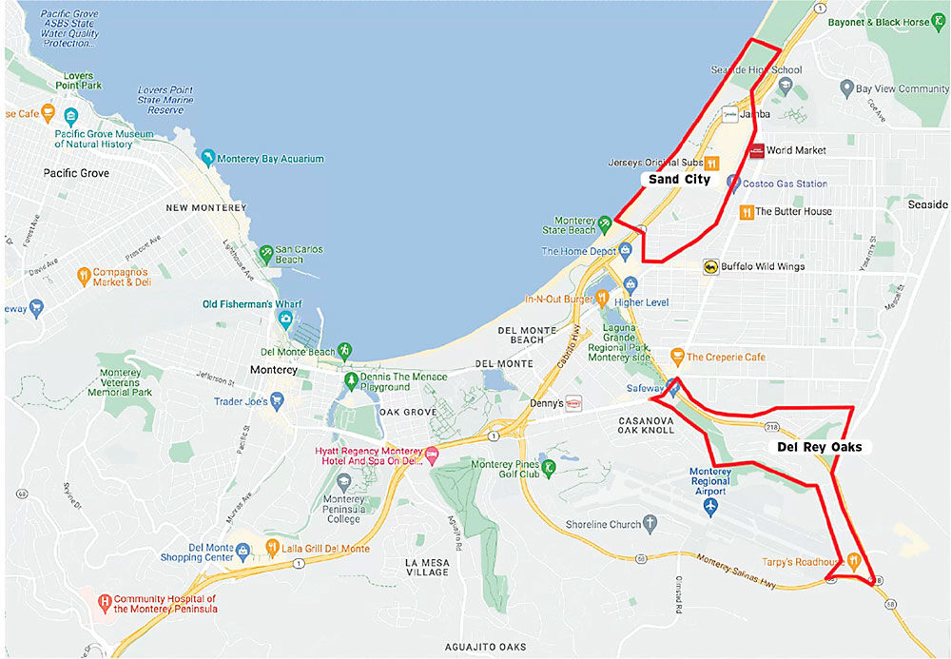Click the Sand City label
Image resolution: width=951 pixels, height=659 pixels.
point(679,179)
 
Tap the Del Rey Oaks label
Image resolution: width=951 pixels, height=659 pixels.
point(819,446)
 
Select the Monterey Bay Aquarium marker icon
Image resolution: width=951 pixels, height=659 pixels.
point(207,158)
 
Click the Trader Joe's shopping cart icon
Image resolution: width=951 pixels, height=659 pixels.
point(276,400)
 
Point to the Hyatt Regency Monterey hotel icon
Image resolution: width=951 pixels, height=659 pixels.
point(432,455)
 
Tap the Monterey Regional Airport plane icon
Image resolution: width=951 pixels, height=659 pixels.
point(710,505)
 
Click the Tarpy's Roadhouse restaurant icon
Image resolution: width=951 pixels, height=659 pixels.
point(854,561)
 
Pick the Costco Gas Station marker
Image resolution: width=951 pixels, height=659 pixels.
point(732,182)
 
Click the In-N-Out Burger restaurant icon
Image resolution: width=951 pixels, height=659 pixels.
point(603,299)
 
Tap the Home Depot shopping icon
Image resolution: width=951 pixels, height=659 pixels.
point(625,251)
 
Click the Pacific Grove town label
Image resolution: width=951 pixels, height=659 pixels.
point(76,173)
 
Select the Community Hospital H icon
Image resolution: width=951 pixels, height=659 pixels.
point(105,602)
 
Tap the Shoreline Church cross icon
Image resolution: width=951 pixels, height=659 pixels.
point(650,524)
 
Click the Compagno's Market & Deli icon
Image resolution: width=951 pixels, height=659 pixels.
point(85,276)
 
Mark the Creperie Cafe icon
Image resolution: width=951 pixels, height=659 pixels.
point(676,357)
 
